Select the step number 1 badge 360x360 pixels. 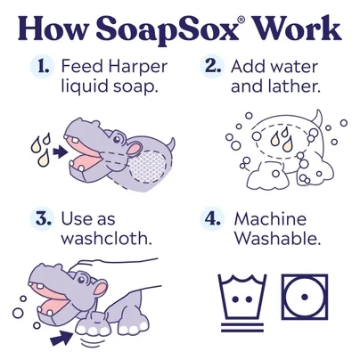pos(42,67)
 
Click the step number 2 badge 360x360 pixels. pos(211,67)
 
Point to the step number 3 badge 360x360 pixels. pos(42,219)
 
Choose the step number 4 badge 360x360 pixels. pos(211,219)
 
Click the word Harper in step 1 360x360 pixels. pos(138,68)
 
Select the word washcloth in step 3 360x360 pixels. pos(106,238)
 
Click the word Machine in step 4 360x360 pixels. pos(270,219)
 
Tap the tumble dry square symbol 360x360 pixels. pos(305,297)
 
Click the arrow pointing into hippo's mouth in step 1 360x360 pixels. pos(60,152)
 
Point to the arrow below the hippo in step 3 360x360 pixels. pos(61,338)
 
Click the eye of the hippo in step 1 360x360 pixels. pos(117,138)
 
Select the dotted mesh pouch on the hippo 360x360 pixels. pos(148,166)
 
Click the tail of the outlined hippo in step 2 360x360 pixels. pos(317,119)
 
